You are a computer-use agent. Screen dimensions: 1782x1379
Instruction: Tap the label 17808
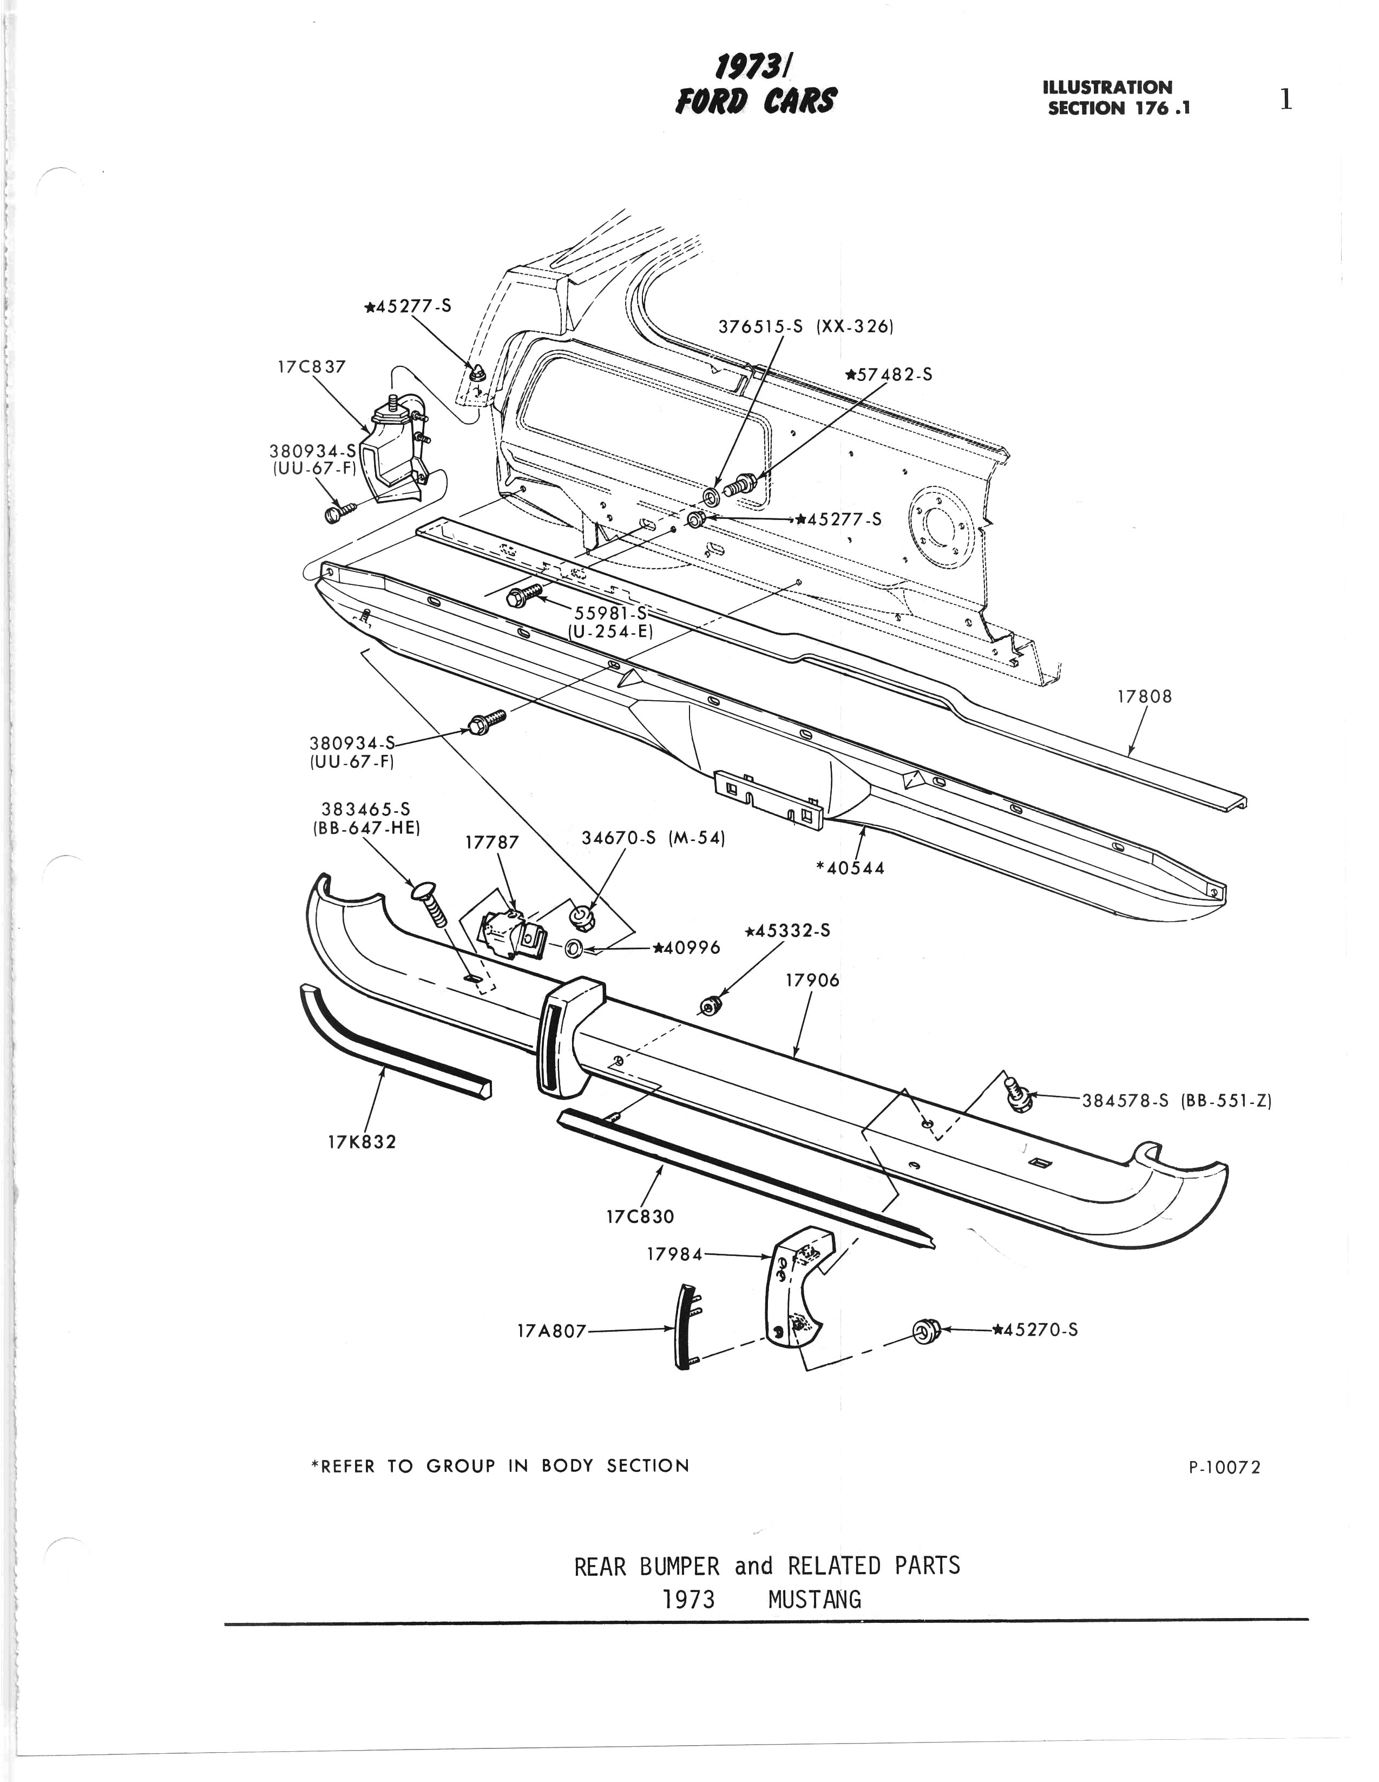pyautogui.click(x=1144, y=697)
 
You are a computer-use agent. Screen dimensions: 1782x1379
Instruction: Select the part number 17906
pyautogui.click(x=812, y=980)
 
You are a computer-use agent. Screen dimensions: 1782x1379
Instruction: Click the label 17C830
pyautogui.click(x=641, y=1217)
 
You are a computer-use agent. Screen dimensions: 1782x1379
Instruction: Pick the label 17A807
pyautogui.click(x=551, y=1331)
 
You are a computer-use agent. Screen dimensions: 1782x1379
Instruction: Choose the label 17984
pyautogui.click(x=674, y=1254)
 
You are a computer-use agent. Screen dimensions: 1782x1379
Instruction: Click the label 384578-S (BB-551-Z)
pyautogui.click(x=1177, y=1100)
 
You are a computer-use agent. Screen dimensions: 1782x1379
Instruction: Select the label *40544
pyautogui.click(x=850, y=868)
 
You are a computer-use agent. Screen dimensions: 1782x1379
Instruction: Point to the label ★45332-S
pyautogui.click(x=787, y=931)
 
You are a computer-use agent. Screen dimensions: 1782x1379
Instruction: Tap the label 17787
pyautogui.click(x=492, y=842)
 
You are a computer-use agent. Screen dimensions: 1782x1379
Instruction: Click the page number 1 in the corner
pyautogui.click(x=1286, y=100)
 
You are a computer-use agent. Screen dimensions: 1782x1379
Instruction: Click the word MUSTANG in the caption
pyautogui.click(x=815, y=1600)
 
